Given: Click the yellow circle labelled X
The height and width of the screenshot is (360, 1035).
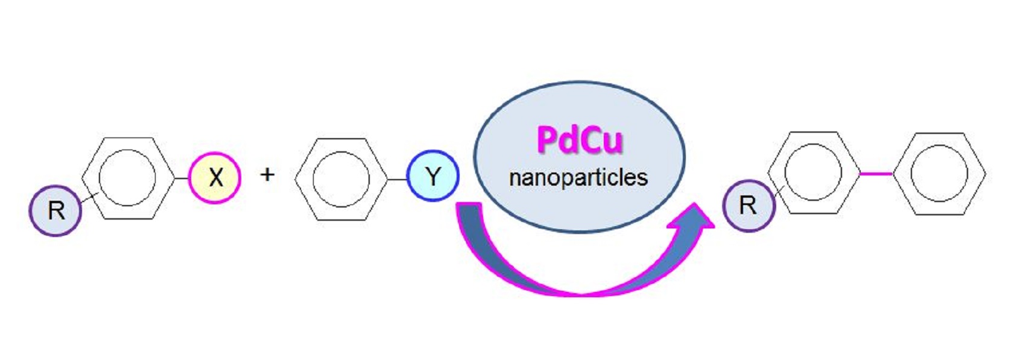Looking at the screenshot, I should [x=215, y=178].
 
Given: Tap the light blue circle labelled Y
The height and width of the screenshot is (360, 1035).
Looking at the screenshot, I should [x=432, y=176].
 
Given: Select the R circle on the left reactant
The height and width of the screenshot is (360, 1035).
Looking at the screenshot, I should [x=55, y=210].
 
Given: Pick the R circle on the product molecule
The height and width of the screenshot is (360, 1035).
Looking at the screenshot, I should [x=748, y=206].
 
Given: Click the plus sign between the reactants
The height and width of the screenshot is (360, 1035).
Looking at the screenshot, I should [x=267, y=175].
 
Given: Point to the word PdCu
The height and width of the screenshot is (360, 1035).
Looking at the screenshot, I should [x=579, y=140].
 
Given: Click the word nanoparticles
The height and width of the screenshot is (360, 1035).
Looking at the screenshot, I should [x=578, y=177].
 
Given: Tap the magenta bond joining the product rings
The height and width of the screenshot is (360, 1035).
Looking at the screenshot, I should [x=875, y=174].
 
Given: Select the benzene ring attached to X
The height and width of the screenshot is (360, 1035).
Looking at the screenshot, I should [x=127, y=178].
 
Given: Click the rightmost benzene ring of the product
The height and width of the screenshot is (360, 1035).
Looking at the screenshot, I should [x=939, y=174].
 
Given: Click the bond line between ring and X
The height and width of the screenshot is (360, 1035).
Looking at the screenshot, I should [x=181, y=178].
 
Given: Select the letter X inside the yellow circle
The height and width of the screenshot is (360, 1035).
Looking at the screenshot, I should [x=215, y=178].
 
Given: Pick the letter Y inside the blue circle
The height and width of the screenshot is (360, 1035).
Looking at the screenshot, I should [x=432, y=177].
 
